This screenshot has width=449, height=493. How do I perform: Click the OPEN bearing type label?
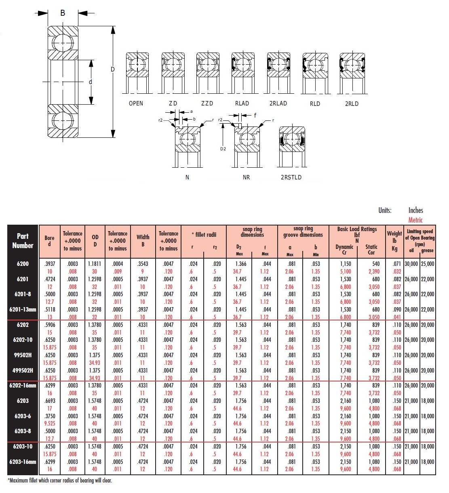click(x=136, y=103)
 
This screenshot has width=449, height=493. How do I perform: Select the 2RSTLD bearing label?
click(x=291, y=177)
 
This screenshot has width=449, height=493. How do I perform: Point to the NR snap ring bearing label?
click(x=246, y=177)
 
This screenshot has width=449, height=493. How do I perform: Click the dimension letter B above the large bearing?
click(x=63, y=13)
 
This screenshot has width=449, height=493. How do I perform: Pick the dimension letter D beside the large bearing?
click(x=113, y=70)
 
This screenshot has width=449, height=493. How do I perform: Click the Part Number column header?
click(x=23, y=241)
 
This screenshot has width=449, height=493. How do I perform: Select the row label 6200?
click(x=23, y=264)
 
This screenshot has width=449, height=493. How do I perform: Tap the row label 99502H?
click(x=23, y=355)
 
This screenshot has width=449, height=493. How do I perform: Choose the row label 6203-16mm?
click(x=23, y=461)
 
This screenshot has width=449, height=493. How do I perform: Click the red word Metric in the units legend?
click(x=415, y=220)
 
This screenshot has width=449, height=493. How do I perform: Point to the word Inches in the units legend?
click(x=415, y=210)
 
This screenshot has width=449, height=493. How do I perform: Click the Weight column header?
click(x=394, y=241)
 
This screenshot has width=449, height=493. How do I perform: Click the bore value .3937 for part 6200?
click(x=50, y=264)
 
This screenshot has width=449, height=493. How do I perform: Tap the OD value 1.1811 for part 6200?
click(x=95, y=264)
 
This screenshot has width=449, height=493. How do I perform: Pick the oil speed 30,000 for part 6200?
click(x=411, y=264)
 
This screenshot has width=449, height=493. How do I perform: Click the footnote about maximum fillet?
click(x=60, y=480)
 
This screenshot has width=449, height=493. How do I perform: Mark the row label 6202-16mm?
click(x=23, y=386)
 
